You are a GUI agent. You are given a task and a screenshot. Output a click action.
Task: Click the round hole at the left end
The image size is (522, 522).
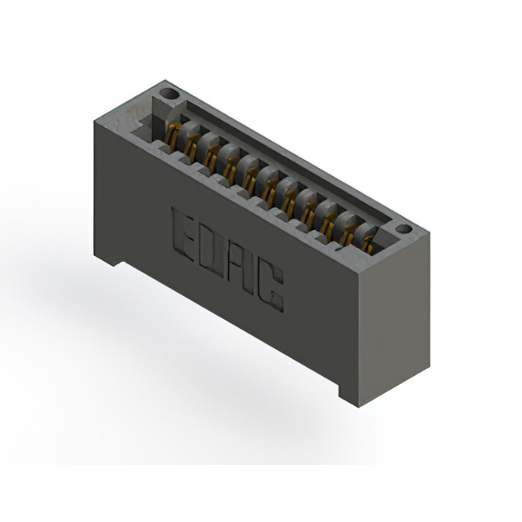(x=169, y=94)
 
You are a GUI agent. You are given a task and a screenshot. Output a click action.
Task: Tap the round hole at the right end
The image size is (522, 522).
(x=405, y=229)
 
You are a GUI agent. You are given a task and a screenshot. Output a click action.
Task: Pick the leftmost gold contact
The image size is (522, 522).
(x=173, y=136)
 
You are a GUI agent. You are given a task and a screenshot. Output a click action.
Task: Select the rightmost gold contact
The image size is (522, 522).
(x=368, y=244)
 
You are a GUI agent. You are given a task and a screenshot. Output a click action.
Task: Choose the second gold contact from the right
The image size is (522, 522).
(x=349, y=234)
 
